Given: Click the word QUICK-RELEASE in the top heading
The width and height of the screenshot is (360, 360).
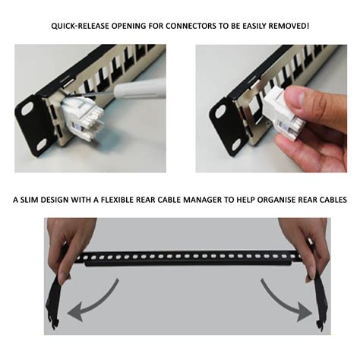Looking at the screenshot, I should point(80,27).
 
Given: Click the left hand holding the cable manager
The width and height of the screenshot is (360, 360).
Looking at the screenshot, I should point(72,243).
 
